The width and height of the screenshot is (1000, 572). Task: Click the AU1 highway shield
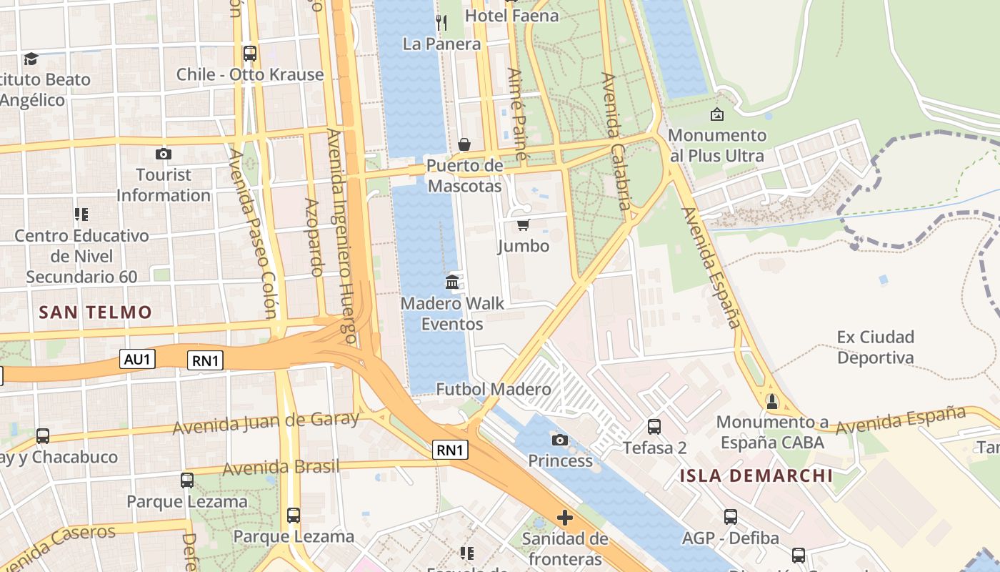137,359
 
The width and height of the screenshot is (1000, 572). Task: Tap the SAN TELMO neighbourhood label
96,312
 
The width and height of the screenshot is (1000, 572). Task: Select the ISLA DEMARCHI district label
756,475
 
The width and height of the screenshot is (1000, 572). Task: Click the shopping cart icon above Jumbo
523,225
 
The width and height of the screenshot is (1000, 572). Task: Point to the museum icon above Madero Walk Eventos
452,282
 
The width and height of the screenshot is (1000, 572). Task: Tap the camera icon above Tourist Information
164,154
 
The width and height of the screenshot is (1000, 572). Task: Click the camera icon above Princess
560,440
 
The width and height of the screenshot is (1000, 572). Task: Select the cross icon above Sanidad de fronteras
565,517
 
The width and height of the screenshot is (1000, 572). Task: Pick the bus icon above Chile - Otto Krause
249,53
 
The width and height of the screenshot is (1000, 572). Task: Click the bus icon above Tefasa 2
654,427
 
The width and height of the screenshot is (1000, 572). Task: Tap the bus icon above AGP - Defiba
730,516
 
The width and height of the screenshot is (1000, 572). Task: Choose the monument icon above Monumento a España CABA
771,402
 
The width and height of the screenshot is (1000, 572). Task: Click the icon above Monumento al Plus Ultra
716,114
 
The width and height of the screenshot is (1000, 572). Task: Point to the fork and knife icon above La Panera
441,23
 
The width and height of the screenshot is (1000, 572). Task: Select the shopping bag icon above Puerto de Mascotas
464,145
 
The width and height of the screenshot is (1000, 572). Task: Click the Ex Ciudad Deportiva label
876,347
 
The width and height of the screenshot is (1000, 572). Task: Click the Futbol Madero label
494,390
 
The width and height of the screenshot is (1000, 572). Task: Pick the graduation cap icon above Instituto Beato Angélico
31,59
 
